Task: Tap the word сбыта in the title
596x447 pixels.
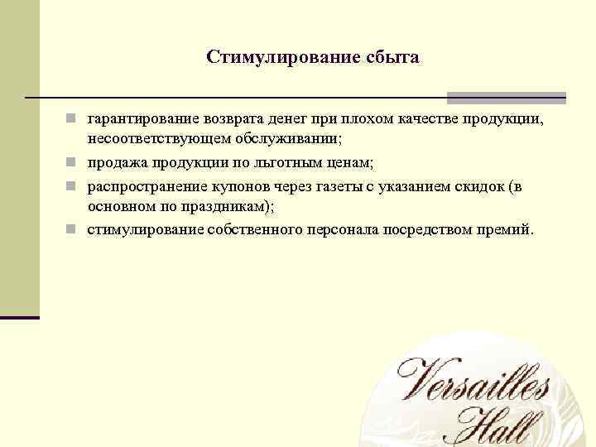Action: [392, 58]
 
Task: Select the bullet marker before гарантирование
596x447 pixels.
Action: [74, 120]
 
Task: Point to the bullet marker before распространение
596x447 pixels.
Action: [74, 186]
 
